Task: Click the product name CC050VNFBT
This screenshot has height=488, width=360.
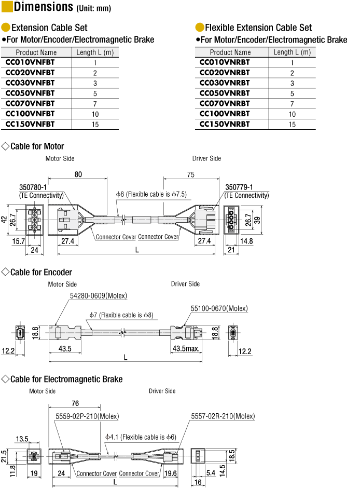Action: click(30, 93)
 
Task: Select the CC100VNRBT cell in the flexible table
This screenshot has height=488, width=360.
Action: click(225, 114)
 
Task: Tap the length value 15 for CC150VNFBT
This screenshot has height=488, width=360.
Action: click(95, 125)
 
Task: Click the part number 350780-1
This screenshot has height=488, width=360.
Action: click(33, 187)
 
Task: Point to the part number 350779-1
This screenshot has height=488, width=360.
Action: click(239, 187)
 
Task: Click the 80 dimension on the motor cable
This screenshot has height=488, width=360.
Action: click(78, 174)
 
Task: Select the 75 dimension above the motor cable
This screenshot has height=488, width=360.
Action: click(191, 174)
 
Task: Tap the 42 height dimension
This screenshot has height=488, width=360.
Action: click(4, 220)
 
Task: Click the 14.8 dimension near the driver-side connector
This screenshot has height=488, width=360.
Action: click(246, 241)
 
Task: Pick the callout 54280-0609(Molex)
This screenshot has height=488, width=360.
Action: click(99, 296)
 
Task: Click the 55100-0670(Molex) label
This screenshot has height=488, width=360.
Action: click(219, 308)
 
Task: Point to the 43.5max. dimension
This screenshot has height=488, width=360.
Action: click(186, 348)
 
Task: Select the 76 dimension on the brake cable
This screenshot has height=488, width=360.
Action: click(75, 403)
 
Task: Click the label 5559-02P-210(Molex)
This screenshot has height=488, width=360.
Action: click(87, 416)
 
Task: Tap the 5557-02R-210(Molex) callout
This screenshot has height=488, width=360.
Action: click(223, 416)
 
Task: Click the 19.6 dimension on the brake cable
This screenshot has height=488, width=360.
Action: click(170, 473)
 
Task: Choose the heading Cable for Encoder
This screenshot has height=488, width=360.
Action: click(41, 273)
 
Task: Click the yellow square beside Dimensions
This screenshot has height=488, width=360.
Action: click(7, 7)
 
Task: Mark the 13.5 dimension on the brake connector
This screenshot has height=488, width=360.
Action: click(22, 439)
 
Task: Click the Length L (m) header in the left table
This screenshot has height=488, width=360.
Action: click(95, 52)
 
